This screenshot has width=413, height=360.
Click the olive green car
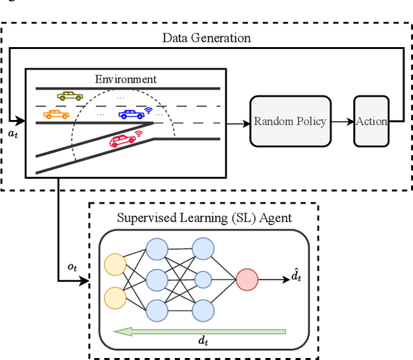pyautogui.click(x=70, y=96)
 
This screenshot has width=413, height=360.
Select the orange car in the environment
pyautogui.click(x=55, y=114)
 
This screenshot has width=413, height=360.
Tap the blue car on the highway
pyautogui.click(x=131, y=114)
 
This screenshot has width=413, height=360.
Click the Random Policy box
pyautogui.click(x=290, y=121)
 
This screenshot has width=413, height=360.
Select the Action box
pyautogui.click(x=372, y=121)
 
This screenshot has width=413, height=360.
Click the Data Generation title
pyautogui.click(x=206, y=38)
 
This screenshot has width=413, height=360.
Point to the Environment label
pyautogui.click(x=126, y=79)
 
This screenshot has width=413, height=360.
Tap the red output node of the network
pyautogui.click(x=247, y=279)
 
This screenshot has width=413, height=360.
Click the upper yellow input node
pyautogui.click(x=115, y=264)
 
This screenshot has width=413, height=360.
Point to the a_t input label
pyautogui.click(x=13, y=132)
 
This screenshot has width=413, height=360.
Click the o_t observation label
pyautogui.click(x=72, y=267)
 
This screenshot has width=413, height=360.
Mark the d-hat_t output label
pyautogui.click(x=296, y=277)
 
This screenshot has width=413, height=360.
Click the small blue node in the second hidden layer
pyautogui.click(x=203, y=279)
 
